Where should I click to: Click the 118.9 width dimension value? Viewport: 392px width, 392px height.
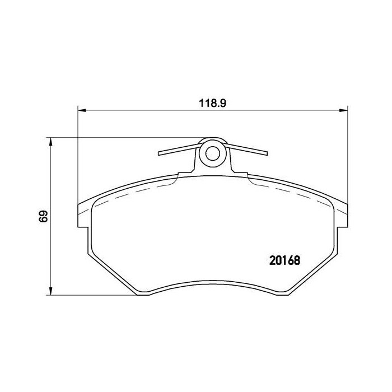[x=212, y=103]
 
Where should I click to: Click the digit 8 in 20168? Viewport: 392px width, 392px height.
[x=297, y=261]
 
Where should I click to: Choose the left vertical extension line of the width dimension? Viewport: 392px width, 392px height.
[x=77, y=157]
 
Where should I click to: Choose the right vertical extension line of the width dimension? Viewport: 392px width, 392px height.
[x=347, y=157]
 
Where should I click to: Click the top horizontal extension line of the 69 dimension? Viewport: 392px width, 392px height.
[x=123, y=138]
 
